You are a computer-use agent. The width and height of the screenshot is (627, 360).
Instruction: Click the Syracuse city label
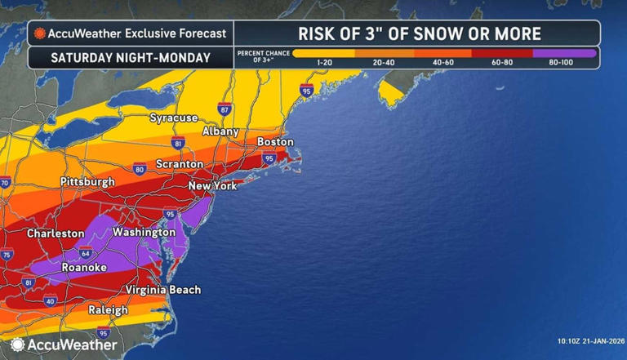[x=173, y=118]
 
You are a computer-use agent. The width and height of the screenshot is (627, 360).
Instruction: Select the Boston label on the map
[x=274, y=142]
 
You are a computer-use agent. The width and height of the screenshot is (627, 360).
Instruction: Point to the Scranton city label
[x=179, y=164]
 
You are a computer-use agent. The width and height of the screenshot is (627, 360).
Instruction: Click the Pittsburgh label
[x=87, y=181]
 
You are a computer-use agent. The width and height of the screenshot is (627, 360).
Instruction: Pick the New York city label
[x=212, y=186]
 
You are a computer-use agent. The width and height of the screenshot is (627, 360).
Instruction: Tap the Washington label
[x=144, y=233]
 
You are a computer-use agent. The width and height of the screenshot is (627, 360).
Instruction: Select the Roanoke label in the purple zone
[x=87, y=267]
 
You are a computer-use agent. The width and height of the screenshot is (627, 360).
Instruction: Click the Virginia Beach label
[x=163, y=290]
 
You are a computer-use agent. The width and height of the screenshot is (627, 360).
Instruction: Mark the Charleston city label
[x=56, y=233]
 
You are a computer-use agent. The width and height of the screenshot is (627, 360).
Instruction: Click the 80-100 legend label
[x=564, y=63]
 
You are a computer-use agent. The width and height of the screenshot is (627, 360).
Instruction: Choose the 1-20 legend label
[x=323, y=63]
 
